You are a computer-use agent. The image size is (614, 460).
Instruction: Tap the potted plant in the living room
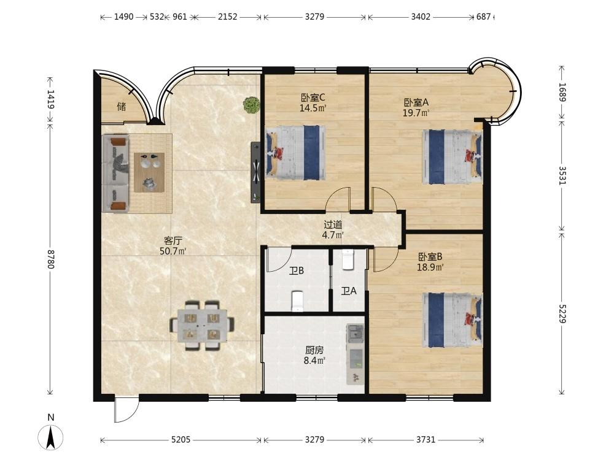click(251, 105)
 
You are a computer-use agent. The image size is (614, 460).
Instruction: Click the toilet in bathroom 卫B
click(298, 301)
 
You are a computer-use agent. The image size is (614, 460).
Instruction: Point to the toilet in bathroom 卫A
click(348, 259)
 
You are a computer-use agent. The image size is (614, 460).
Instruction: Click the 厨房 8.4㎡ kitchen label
click(314, 355)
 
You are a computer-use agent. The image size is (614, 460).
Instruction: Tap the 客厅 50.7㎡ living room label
click(173, 246)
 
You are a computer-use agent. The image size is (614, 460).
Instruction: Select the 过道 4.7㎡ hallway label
click(333, 229)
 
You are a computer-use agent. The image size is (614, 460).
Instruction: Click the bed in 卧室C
click(296, 153)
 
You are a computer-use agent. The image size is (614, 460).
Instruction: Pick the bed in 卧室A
click(453, 157)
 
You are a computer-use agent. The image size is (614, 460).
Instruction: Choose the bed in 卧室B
click(453, 320)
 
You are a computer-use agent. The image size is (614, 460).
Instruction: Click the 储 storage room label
click(122, 106)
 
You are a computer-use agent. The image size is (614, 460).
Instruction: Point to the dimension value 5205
click(181, 440)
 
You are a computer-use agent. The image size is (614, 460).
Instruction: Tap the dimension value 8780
click(50, 259)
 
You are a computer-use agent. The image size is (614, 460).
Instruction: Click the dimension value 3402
click(421, 17)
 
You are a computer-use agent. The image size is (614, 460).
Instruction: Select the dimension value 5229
click(562, 313)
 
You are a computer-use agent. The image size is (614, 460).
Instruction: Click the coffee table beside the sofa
click(149, 172)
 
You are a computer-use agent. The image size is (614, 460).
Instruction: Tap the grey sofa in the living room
click(115, 174)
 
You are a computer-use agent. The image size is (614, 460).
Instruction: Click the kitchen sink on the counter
click(356, 334)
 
